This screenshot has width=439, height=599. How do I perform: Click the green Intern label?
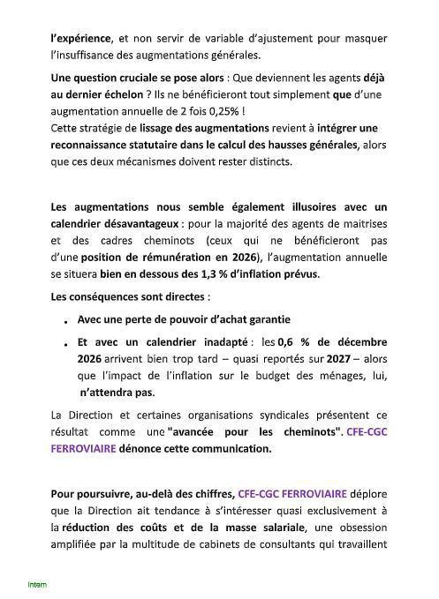37,584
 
